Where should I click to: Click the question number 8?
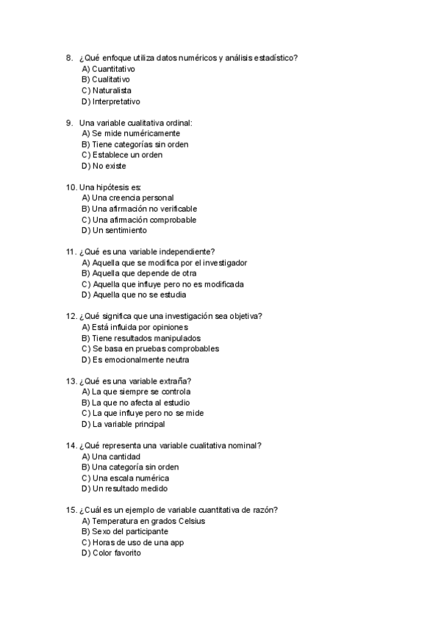(x=69, y=58)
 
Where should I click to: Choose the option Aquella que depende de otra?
(x=129, y=273)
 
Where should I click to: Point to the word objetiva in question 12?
(x=240, y=317)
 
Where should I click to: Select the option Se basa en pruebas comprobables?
(x=151, y=349)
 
